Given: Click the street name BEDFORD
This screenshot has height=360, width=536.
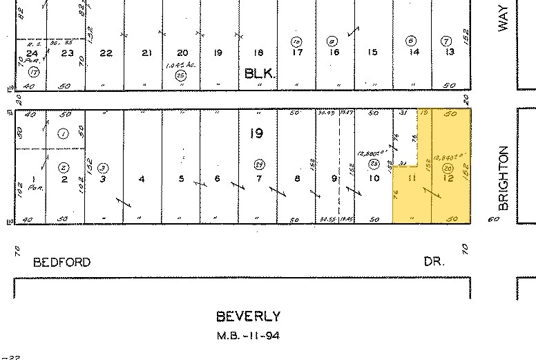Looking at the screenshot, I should pos(62,263).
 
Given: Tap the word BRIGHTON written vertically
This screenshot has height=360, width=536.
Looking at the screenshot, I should pos(504,178).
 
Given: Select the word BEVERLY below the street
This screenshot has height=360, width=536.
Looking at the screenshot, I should pos(249,316).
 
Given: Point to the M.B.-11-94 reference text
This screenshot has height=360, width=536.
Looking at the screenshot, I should pos(248,336).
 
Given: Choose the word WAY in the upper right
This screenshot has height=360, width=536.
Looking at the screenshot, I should pos(504,18).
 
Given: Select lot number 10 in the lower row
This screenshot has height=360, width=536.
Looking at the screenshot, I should pos(374,179).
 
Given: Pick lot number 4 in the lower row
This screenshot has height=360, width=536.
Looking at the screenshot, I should pos(142,179).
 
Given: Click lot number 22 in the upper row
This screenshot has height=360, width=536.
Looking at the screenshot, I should pos(106,53).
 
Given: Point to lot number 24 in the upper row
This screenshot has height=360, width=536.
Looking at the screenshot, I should pos(31,53).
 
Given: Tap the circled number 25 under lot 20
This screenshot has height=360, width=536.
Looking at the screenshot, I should pos(182,75).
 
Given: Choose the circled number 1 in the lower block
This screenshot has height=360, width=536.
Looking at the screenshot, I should pos(63,134).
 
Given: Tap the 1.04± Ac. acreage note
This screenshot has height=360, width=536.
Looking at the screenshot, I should pos(179,65).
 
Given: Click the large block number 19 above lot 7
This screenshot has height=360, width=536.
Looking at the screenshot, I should pos(256,133).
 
